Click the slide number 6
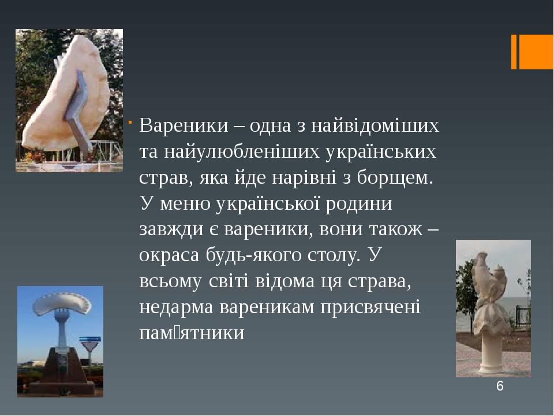(500, 387)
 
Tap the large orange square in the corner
(536, 52)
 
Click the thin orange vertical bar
(514, 52)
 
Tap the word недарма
(177, 307)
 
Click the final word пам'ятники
(192, 333)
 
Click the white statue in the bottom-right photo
(489, 289)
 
